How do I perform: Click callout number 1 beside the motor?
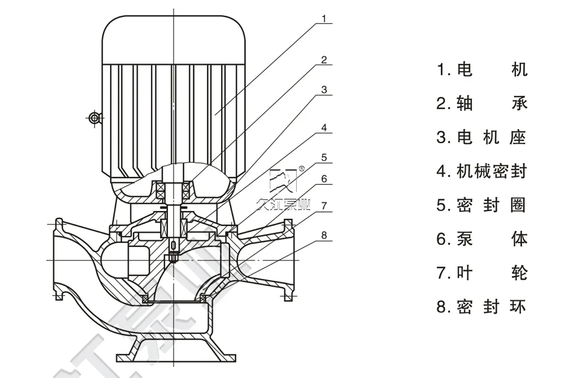point(324,19)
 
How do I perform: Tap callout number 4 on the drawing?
point(324,128)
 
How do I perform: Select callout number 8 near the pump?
point(324,235)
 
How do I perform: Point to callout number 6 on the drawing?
point(324,179)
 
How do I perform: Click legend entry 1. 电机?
point(482,70)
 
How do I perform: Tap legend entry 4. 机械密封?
point(482,171)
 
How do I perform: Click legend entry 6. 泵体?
point(482,239)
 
